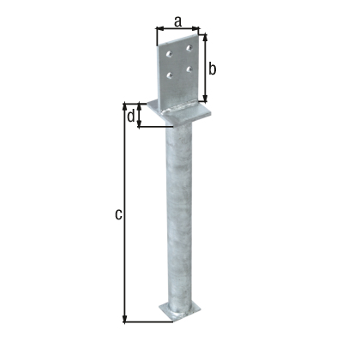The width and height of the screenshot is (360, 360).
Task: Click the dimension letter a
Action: click(x=178, y=18)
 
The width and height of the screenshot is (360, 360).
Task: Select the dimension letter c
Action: click(x=117, y=213)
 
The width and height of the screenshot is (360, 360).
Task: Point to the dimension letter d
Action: click(x=130, y=117)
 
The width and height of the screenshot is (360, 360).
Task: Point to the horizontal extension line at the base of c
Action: click(x=146, y=322)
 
